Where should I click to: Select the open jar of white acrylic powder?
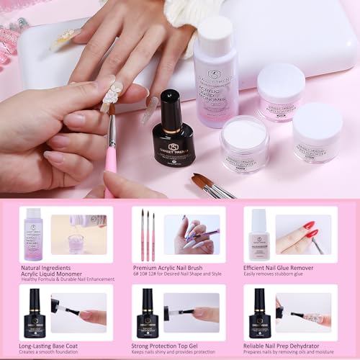(244, 143)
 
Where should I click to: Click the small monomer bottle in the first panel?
(33, 233)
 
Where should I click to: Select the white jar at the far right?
(317, 132)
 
